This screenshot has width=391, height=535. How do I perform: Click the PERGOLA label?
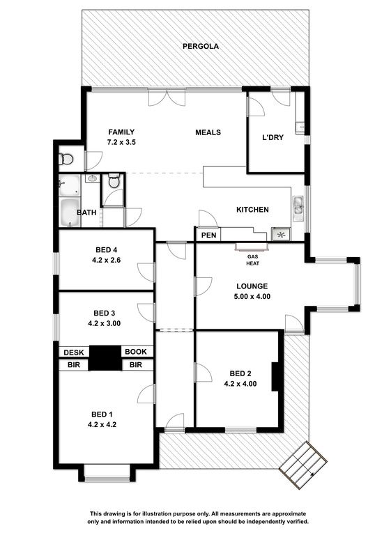point(201,46)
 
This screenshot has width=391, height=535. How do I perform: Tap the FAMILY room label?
point(121,132)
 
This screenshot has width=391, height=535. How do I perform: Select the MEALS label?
point(208,132)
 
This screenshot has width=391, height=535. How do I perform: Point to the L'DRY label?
point(273,137)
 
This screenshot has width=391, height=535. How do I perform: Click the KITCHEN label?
point(252,210)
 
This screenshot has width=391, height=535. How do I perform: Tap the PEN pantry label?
point(208,235)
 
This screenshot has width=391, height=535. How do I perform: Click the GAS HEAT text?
point(253,260)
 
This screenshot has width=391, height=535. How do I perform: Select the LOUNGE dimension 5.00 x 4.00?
point(252,297)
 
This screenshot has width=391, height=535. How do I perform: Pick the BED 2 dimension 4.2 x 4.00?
point(240,384)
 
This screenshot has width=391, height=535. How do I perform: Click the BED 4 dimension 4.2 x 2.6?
point(106,260)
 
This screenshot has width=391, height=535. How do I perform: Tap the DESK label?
point(74,352)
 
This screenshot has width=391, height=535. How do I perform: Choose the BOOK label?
point(136,352)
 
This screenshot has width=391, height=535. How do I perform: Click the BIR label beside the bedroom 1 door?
point(136,365)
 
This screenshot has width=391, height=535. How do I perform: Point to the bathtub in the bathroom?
point(70,212)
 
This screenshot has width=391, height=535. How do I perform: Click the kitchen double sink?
point(298,205)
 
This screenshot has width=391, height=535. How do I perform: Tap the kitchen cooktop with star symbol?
point(281,234)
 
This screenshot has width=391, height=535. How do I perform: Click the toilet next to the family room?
point(66,159)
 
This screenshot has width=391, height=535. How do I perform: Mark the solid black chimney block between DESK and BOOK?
point(105,358)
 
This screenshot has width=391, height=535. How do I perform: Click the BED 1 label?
point(102,414)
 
